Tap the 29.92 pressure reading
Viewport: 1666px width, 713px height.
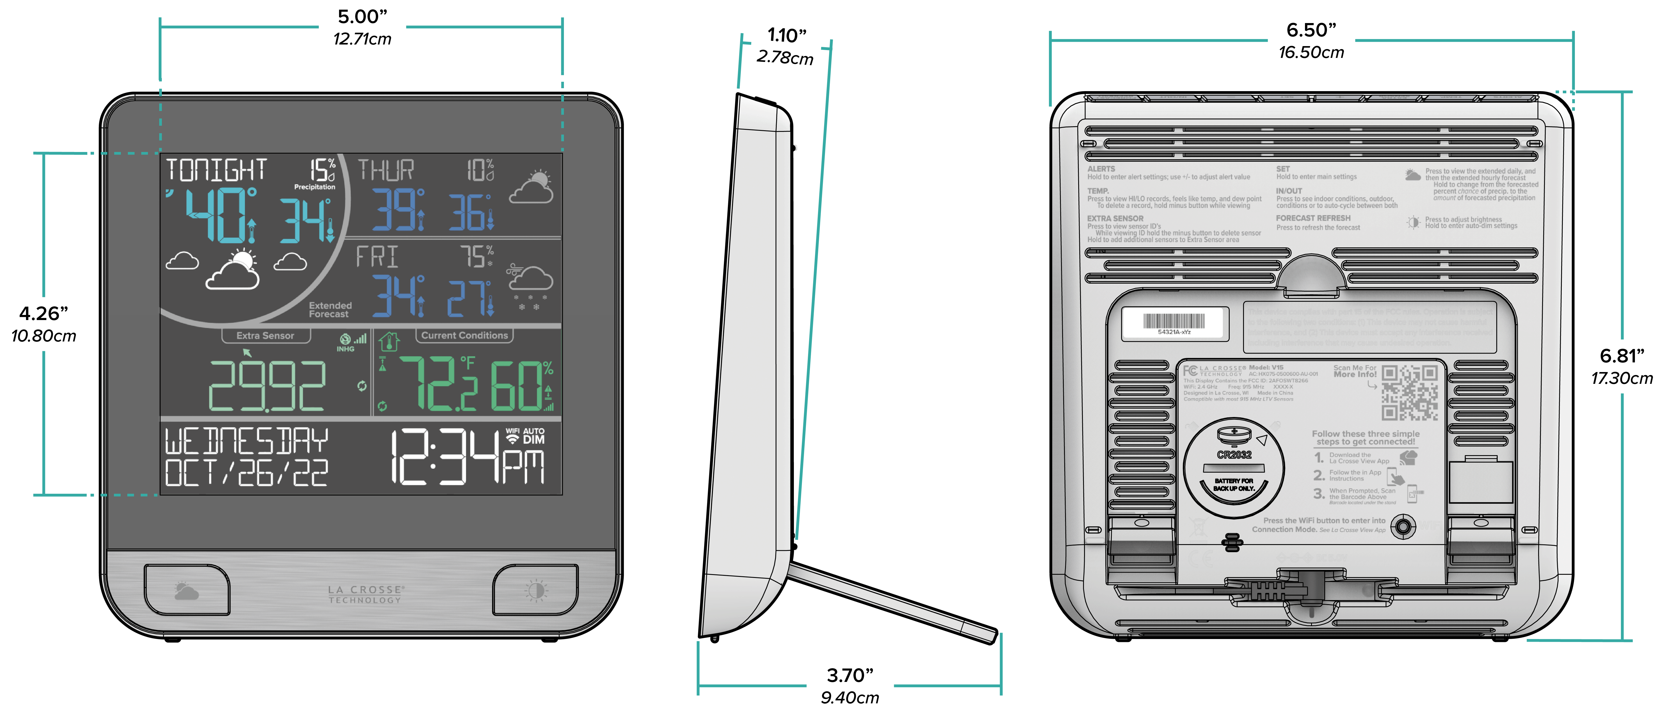(266, 386)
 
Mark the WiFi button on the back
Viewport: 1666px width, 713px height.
(1402, 527)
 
